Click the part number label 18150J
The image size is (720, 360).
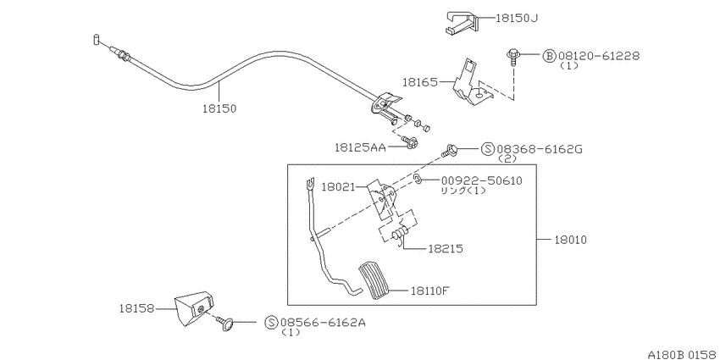point(517,19)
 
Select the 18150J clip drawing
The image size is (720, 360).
point(462,22)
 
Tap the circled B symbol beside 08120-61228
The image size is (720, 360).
point(549,56)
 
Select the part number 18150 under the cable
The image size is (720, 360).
point(219,108)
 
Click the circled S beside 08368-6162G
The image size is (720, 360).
point(488,149)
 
